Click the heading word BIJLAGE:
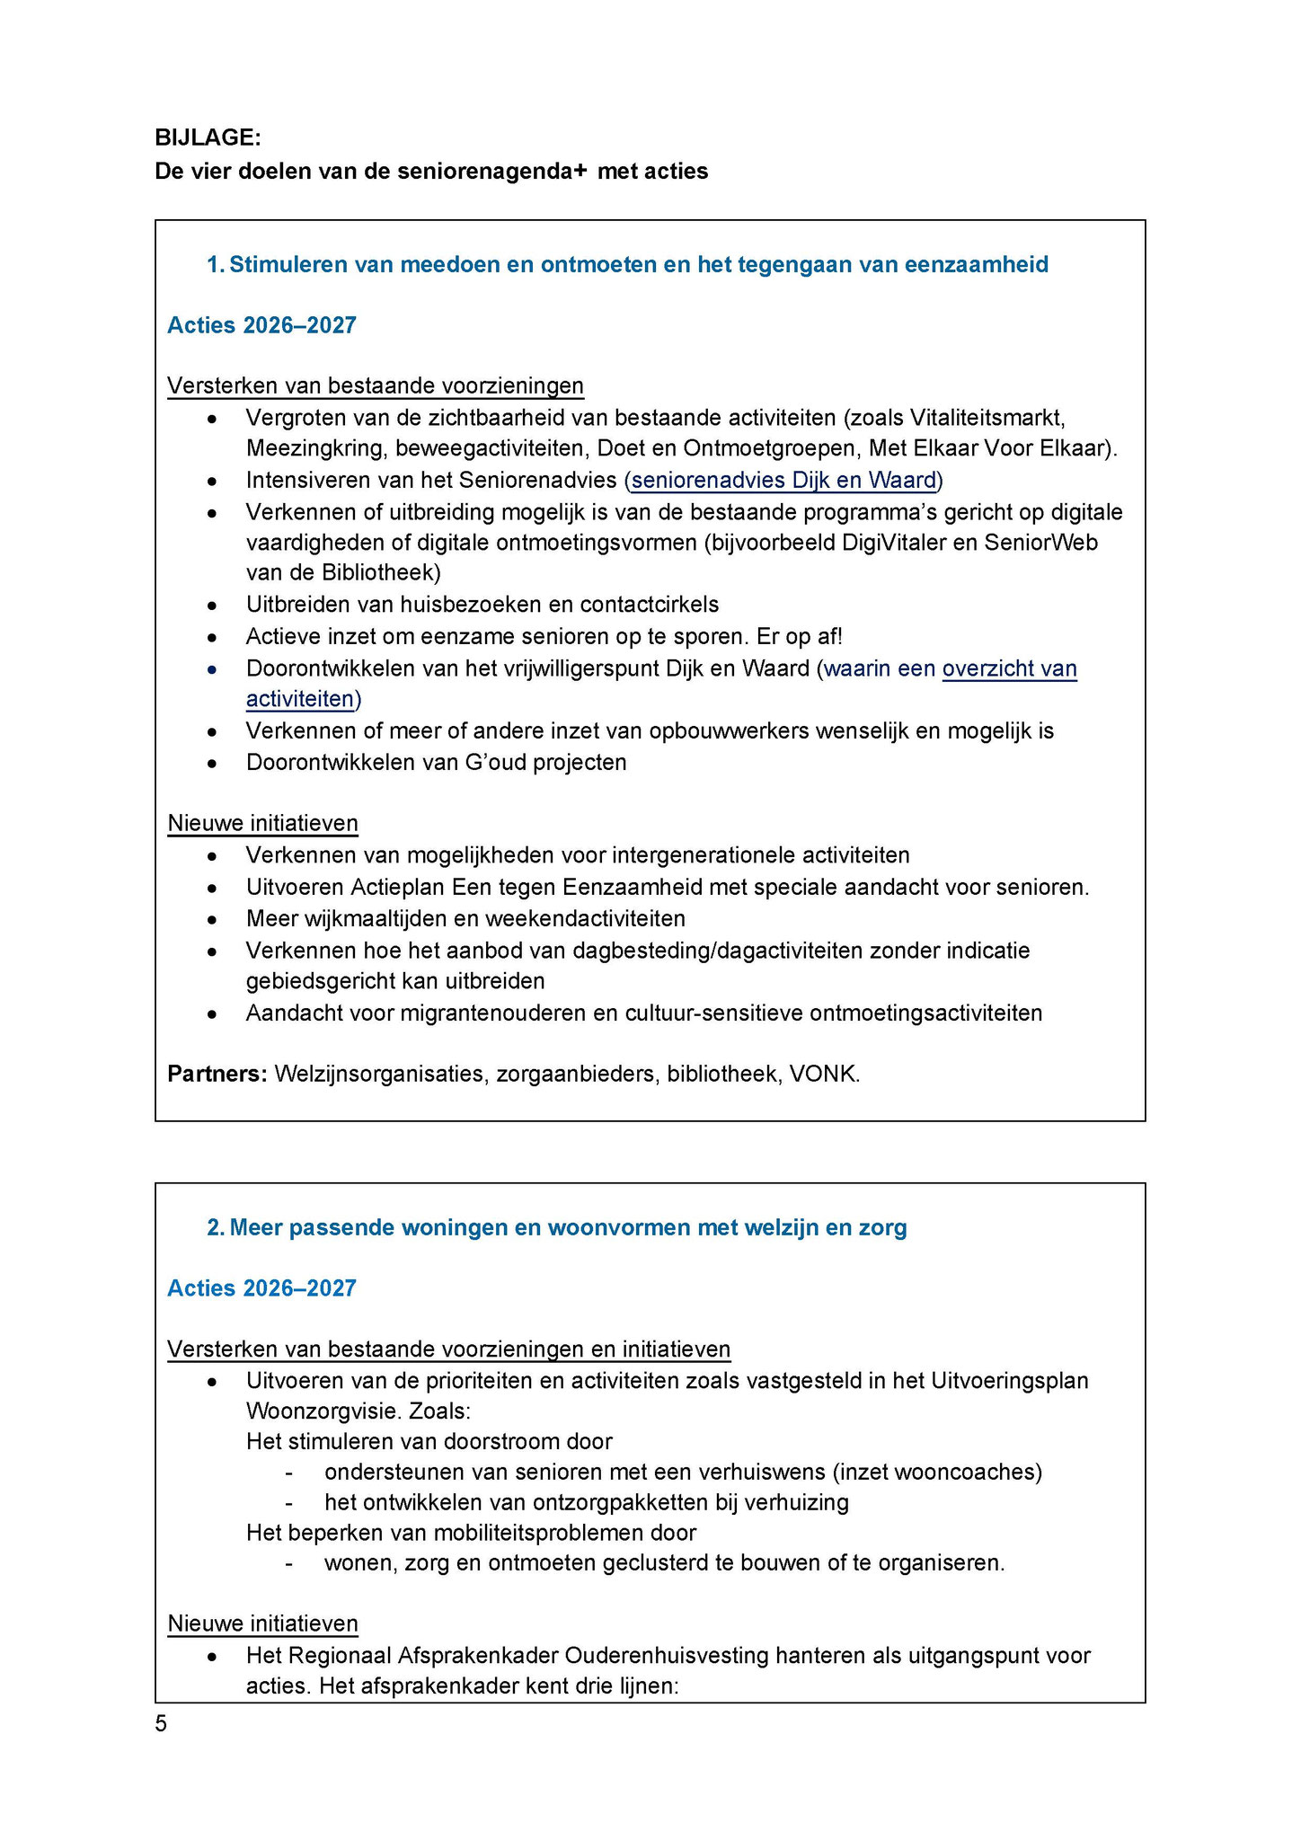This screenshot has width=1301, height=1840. [x=208, y=137]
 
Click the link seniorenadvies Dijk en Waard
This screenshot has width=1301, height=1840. [x=783, y=481]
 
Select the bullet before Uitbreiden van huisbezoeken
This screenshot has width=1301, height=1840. [x=212, y=606]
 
